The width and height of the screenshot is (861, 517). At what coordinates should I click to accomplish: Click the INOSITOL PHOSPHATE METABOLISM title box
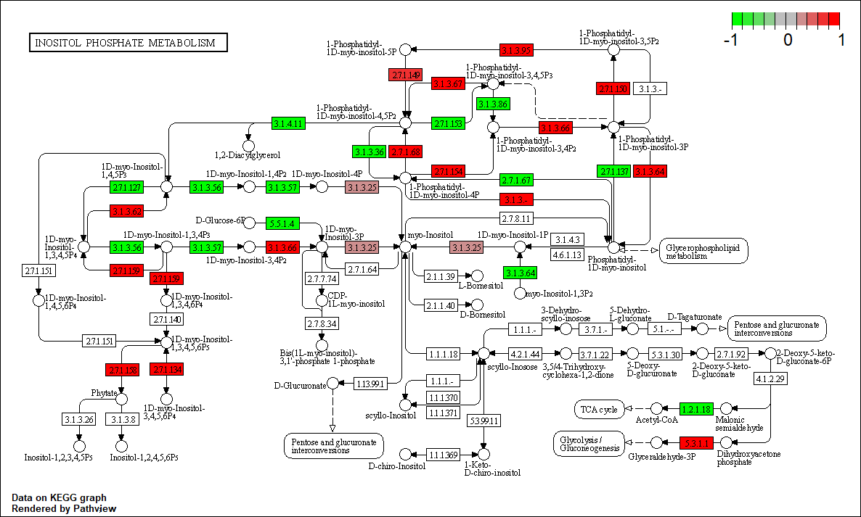[x=127, y=43]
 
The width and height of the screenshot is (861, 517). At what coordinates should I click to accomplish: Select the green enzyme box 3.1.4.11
[x=288, y=123]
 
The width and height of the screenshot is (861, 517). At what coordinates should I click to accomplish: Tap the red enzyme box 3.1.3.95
[x=517, y=50]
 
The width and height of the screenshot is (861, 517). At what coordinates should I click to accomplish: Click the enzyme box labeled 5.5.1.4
[x=283, y=223]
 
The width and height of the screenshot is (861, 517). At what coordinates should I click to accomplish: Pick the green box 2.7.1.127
[x=126, y=187]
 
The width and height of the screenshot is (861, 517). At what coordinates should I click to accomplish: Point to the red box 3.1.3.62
[x=126, y=212]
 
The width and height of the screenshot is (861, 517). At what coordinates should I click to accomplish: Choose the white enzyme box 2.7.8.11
[x=517, y=218]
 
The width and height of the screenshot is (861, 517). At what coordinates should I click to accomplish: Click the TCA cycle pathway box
[x=599, y=410]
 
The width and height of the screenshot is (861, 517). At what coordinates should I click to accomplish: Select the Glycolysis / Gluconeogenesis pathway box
[x=589, y=443]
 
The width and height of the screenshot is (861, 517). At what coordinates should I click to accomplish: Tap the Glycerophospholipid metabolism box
[x=703, y=251]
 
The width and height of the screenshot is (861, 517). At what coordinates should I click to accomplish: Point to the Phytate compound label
[x=104, y=393]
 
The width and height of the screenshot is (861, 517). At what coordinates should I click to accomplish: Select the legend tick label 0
[x=788, y=41]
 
